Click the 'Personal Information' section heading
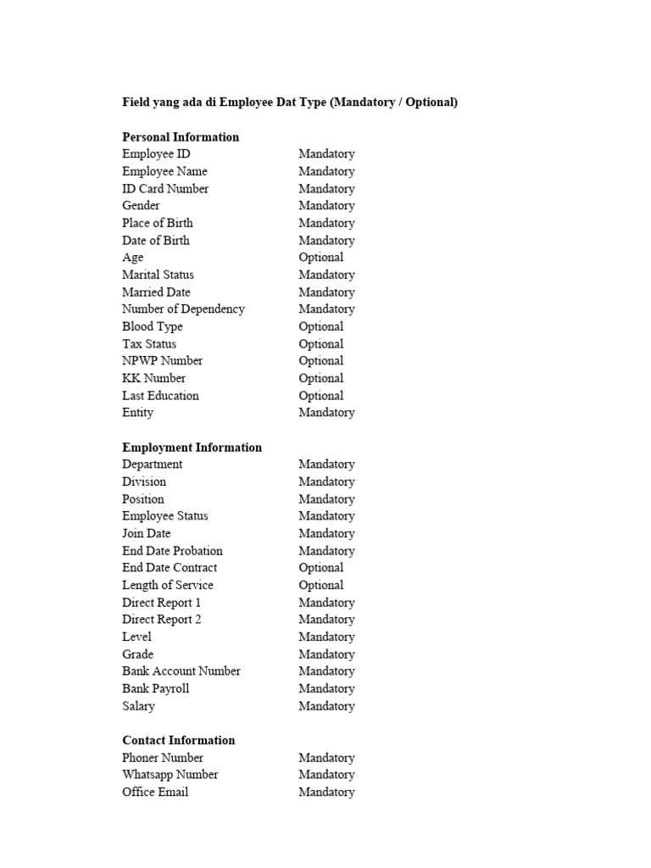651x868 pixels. pyautogui.click(x=181, y=136)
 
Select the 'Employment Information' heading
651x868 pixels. pyautogui.click(x=192, y=448)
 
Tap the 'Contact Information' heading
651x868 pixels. pyautogui.click(x=178, y=740)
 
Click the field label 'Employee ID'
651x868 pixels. pyautogui.click(x=156, y=154)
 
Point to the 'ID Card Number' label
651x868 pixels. pyautogui.click(x=165, y=188)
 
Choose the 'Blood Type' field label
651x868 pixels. pyautogui.click(x=153, y=326)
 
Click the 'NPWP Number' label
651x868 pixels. pyautogui.click(x=162, y=361)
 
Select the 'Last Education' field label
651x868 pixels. pyautogui.click(x=160, y=396)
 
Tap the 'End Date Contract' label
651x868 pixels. pyautogui.click(x=170, y=568)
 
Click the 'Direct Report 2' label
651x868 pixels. pyautogui.click(x=162, y=620)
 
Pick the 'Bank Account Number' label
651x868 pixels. pyautogui.click(x=181, y=671)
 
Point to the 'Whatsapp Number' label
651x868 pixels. pyautogui.click(x=170, y=775)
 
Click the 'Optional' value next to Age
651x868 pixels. pyautogui.click(x=320, y=258)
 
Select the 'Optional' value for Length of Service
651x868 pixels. pyautogui.click(x=320, y=586)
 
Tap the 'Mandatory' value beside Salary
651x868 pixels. pyautogui.click(x=326, y=706)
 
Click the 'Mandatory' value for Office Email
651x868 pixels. pyautogui.click(x=326, y=793)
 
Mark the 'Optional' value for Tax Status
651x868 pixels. pyautogui.click(x=320, y=344)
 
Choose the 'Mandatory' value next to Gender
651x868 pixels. pyautogui.click(x=326, y=206)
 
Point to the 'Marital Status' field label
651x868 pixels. pyautogui.click(x=158, y=275)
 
